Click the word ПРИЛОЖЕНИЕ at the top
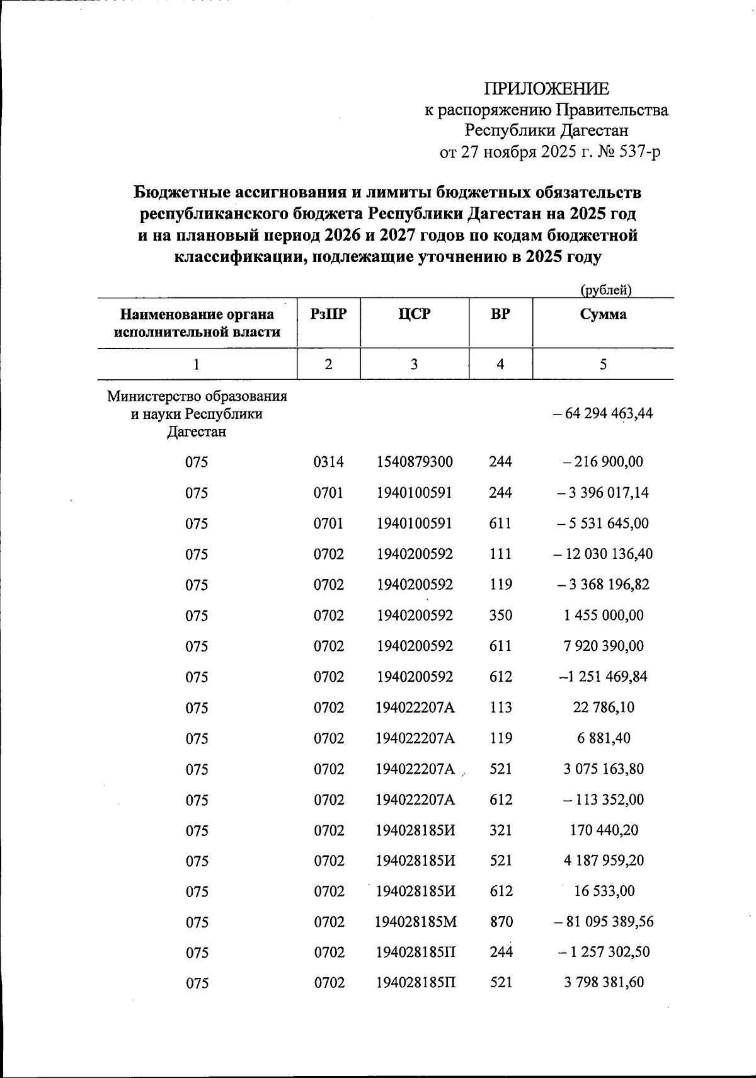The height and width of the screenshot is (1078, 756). (x=546, y=88)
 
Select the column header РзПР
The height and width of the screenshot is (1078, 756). (x=328, y=314)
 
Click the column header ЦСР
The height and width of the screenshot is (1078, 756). (x=415, y=314)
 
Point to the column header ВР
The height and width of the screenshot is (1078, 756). (x=500, y=314)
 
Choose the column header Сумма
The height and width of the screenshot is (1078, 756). (x=603, y=314)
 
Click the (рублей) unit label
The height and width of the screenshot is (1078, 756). (x=605, y=290)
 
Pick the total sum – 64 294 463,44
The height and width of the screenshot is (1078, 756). (x=603, y=414)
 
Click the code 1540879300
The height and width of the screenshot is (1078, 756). (x=415, y=462)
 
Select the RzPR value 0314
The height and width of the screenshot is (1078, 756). (x=328, y=462)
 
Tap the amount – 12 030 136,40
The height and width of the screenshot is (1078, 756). (x=603, y=554)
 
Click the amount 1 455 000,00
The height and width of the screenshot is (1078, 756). (x=603, y=616)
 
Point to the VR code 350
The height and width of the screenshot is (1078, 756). (x=500, y=616)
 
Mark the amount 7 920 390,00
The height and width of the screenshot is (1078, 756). (x=603, y=646)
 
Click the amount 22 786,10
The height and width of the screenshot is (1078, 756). (x=603, y=708)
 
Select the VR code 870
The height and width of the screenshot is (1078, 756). (x=500, y=922)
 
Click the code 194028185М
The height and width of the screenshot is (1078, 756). (x=415, y=922)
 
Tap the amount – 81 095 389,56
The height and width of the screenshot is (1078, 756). (x=603, y=922)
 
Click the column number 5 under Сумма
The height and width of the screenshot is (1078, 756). (x=603, y=364)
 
